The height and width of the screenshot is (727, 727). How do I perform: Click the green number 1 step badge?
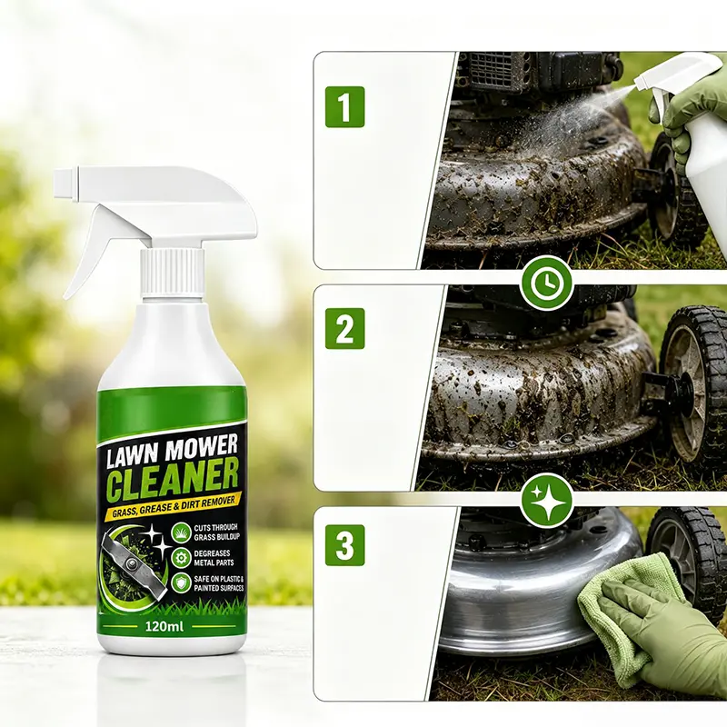pos(344,106)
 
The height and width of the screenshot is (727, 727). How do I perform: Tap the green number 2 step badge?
pos(344,328)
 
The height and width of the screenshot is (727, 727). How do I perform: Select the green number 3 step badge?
pos(344,545)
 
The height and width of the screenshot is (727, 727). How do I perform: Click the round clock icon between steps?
pos(547,284)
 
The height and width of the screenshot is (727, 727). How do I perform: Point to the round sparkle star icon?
pos(547,502)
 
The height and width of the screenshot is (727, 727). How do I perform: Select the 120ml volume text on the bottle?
pos(164,627)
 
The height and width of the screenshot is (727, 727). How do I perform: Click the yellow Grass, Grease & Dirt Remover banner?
pos(170,506)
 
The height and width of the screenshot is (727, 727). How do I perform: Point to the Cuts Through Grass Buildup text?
pos(215,532)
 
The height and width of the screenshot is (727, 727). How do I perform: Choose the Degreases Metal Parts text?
pos(214,558)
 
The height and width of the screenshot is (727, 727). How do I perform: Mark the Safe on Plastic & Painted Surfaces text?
pos(218,583)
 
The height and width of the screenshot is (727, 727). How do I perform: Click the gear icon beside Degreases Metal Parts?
pos(180,558)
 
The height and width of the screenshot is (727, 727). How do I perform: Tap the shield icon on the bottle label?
pos(180,583)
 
